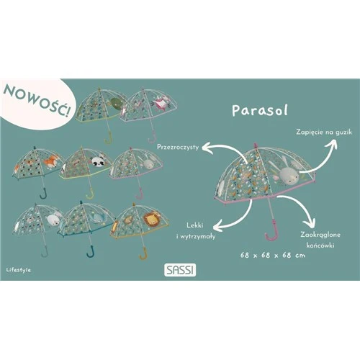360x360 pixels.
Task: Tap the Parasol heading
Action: click(x=260, y=110)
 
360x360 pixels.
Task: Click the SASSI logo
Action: click(x=180, y=270)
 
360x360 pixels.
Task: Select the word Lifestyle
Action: click(x=19, y=270)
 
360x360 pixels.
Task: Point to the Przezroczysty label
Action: click(x=178, y=147)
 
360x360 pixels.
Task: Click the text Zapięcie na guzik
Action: click(x=324, y=132)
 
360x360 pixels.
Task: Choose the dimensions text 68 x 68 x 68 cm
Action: click(x=273, y=255)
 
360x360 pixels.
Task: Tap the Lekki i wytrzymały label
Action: click(x=196, y=231)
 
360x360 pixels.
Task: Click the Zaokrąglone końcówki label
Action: click(x=320, y=240)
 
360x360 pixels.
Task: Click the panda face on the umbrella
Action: click(x=99, y=162)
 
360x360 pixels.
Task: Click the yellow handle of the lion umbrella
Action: click(x=143, y=253)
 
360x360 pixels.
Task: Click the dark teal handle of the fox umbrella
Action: click(x=44, y=194)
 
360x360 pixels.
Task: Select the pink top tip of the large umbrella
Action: click(x=256, y=145)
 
